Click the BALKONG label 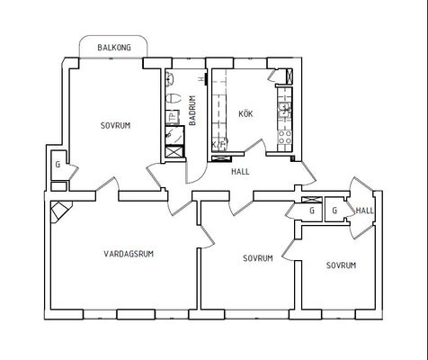pos(114,48)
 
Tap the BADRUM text pos(192,111)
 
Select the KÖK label pos(245,113)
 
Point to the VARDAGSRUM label pos(129,254)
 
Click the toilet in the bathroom pos(174,98)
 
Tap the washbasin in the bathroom pos(170,79)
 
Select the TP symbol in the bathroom pos(173,117)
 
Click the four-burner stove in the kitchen pos(284,137)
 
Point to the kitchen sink pos(284,110)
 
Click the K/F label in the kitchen pos(219,145)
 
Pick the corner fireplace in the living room pos(61,211)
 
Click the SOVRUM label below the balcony pos(115,125)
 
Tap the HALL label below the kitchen pos(240,172)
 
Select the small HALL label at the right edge pos(365,211)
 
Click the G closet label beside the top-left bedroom pos(58,165)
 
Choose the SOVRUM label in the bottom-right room pos(341,265)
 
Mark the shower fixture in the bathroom pos(174,135)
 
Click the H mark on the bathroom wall pos(201,79)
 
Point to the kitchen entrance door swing pos(254,147)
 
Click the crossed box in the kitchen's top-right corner pos(290,76)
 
